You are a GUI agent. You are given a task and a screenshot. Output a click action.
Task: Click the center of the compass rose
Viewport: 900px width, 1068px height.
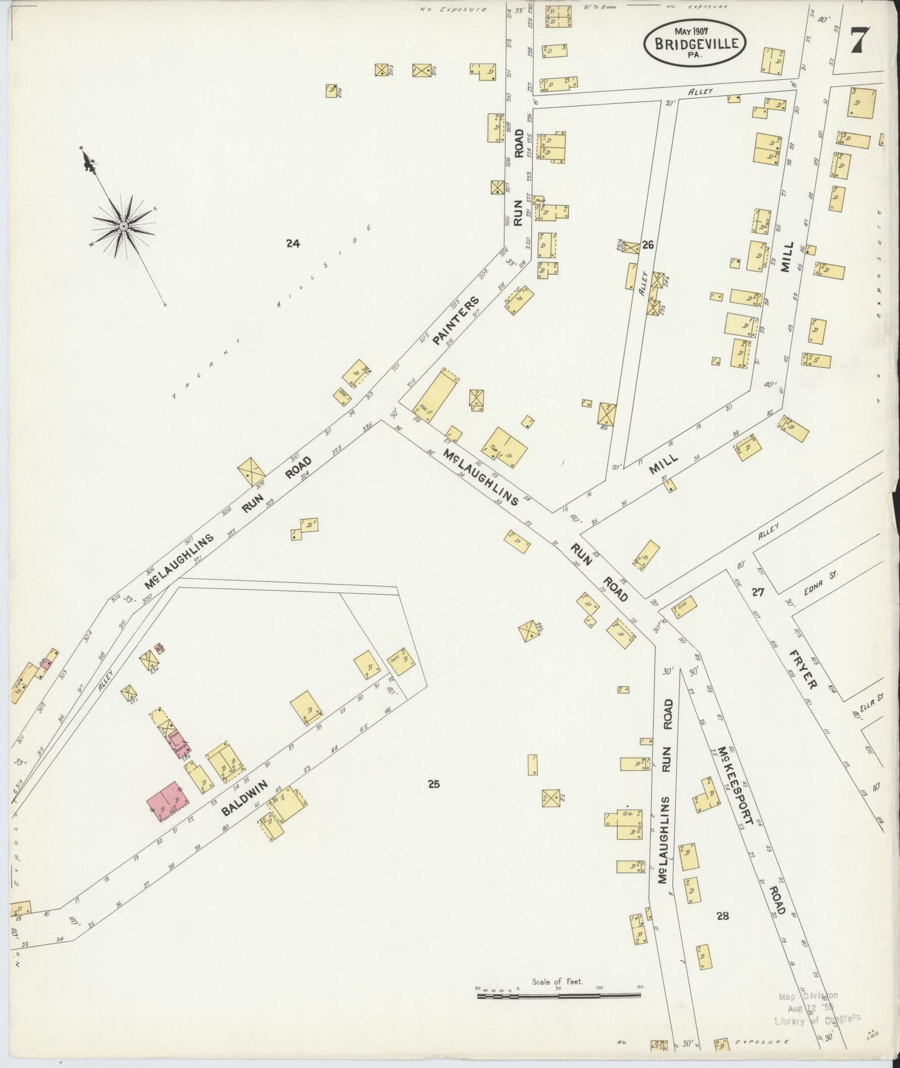(123, 226)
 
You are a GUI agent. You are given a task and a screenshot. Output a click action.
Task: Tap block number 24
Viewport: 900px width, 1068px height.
(293, 244)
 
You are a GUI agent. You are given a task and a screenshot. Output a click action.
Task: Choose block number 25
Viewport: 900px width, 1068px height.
(433, 784)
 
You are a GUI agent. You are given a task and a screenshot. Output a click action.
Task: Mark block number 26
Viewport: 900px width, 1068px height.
(648, 245)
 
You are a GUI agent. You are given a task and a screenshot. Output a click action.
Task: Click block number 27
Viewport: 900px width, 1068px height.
(757, 592)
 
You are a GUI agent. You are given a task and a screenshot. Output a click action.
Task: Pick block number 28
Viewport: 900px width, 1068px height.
(722, 916)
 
